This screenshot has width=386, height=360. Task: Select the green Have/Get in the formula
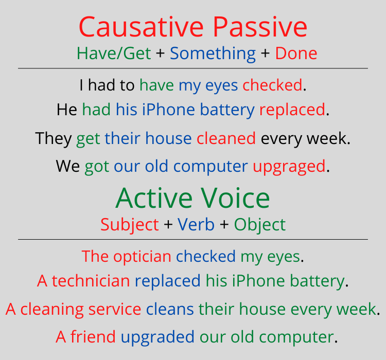pos(114,53)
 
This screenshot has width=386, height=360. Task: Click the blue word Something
pos(213,53)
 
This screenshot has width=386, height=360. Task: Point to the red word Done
pos(296,53)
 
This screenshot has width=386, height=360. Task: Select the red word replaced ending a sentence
pos(292,110)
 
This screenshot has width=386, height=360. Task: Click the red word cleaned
pos(226,138)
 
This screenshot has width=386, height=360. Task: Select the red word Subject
pos(130,225)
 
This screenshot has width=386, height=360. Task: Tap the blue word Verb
pos(196,225)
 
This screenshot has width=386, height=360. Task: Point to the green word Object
pos(260,225)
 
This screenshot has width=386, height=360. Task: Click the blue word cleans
pos(170,310)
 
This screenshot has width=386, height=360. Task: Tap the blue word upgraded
pos(157,337)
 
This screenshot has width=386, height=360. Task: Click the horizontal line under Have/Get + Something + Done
pos(193,68)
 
